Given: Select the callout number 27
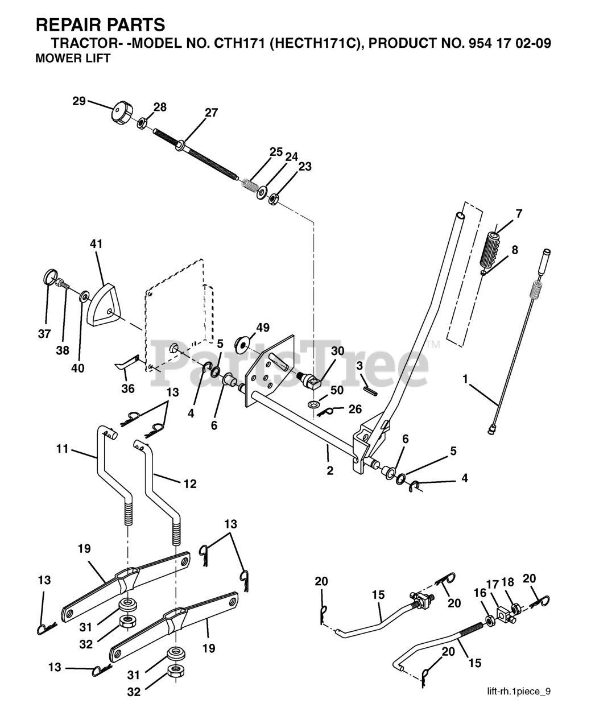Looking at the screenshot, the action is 211,113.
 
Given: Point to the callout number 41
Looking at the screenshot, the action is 96,243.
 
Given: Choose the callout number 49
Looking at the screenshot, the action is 263,328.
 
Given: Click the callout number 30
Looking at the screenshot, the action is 338,351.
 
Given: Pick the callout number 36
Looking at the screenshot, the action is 128,388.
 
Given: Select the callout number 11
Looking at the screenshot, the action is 63,449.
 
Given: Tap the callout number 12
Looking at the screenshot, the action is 190,483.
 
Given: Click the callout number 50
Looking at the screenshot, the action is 337,390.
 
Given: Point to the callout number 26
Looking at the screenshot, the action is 355,409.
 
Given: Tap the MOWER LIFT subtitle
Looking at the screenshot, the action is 73,59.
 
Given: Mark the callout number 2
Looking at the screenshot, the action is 330,470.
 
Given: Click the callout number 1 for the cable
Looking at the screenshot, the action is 465,379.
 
